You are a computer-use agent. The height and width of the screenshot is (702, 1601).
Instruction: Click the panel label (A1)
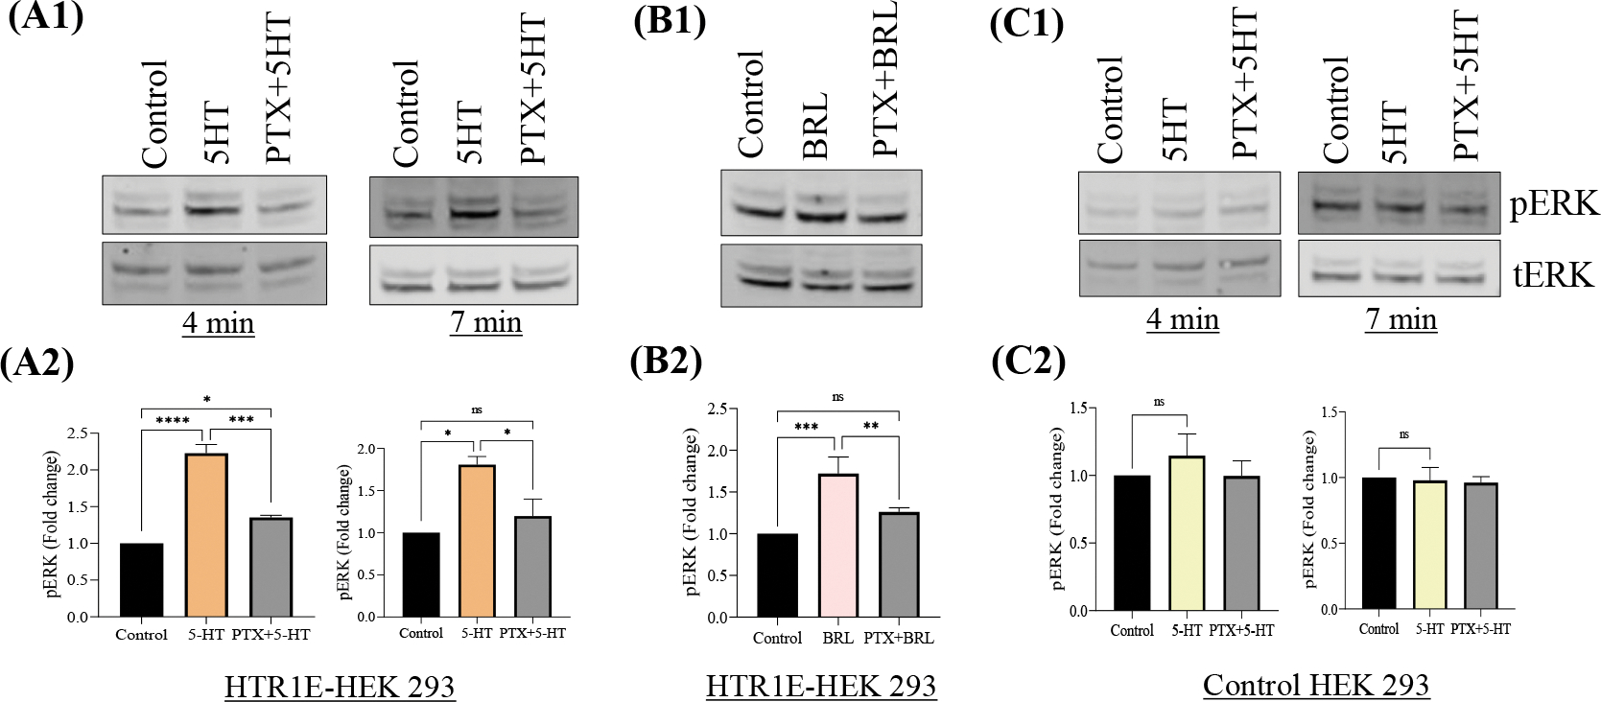[x=45, y=17]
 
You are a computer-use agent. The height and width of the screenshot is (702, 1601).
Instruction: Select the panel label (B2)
[x=666, y=362]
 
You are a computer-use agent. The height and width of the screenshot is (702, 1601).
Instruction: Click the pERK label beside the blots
[x=1553, y=204]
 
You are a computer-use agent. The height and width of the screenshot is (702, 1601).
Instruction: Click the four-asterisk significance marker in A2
[x=173, y=421]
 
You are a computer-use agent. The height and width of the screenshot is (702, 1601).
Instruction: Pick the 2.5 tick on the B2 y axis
[x=716, y=409]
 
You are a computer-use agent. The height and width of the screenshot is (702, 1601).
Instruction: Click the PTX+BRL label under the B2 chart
[x=898, y=639]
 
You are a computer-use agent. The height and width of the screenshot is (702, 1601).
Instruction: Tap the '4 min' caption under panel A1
[x=218, y=323]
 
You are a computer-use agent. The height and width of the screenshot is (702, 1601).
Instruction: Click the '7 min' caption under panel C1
[x=1401, y=319]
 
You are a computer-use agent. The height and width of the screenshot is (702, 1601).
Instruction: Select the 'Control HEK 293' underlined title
[x=1315, y=685]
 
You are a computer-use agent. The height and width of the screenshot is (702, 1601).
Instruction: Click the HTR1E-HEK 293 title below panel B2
[x=820, y=687]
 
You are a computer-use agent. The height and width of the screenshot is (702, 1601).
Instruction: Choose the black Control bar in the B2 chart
[x=777, y=575]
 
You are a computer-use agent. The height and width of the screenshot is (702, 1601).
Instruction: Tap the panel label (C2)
[x=1027, y=362]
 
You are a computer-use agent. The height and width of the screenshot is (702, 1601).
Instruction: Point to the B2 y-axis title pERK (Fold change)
[x=692, y=513]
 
